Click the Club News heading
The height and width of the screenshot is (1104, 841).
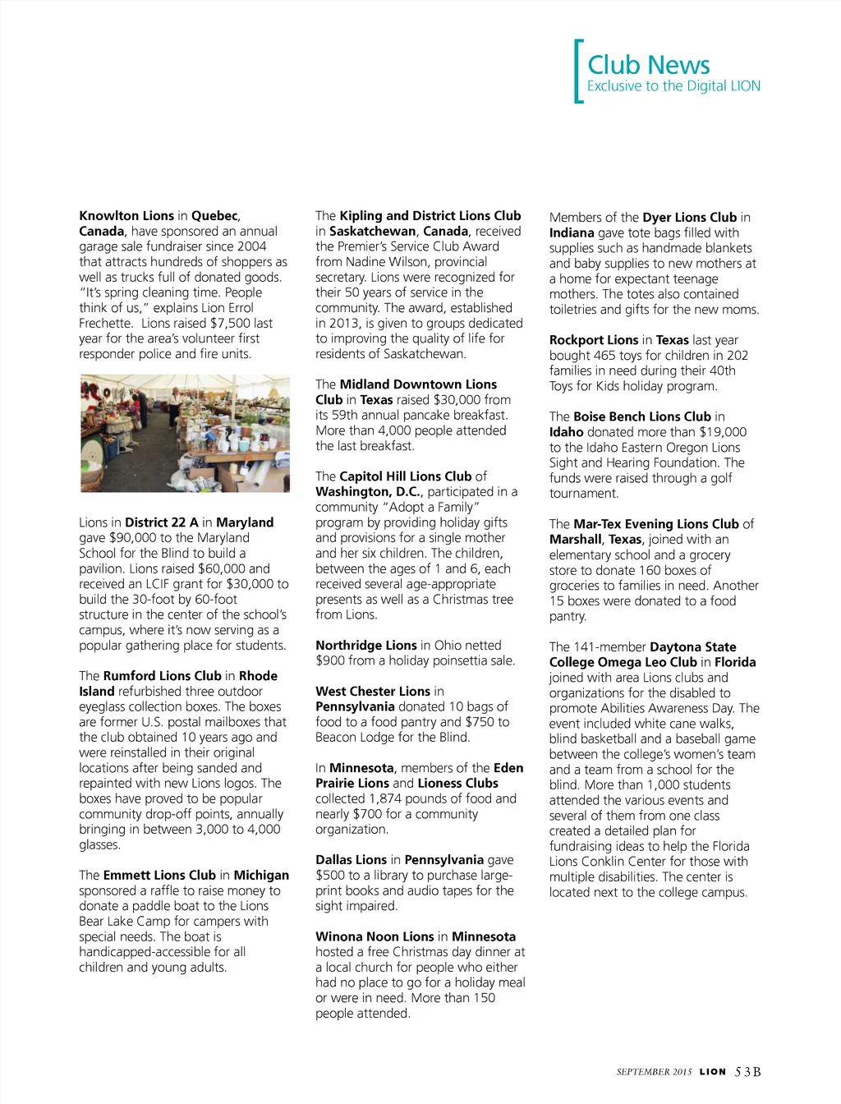(x=648, y=65)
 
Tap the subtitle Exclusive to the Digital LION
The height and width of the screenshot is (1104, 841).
(x=673, y=86)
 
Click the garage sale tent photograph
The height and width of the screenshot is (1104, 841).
(x=185, y=433)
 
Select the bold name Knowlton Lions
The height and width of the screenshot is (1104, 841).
(x=126, y=216)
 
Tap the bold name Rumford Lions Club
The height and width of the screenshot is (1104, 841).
(x=163, y=676)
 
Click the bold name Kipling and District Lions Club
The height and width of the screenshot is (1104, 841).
(x=430, y=216)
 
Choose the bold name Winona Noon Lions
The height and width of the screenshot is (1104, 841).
(x=375, y=936)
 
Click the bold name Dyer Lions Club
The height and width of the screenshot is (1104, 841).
(x=689, y=218)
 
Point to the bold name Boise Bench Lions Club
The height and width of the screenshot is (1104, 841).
(x=642, y=417)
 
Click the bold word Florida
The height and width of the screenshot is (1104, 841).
(x=735, y=662)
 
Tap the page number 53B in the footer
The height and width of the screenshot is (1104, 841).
(x=747, y=1072)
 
